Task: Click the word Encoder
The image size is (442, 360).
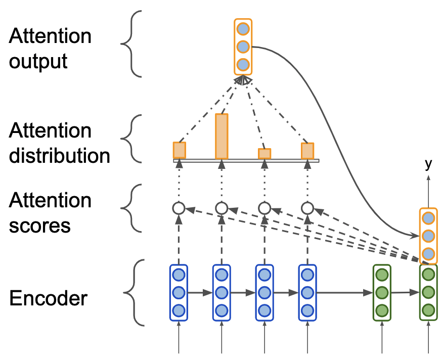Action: pyautogui.click(x=48, y=298)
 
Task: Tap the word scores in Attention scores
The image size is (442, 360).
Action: pyautogui.click(x=39, y=225)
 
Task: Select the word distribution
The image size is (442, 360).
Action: pyautogui.click(x=59, y=155)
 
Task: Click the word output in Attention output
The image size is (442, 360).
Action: pyautogui.click(x=38, y=61)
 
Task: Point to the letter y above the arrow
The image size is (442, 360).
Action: pyautogui.click(x=428, y=163)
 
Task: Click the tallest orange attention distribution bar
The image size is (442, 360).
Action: pyautogui.click(x=222, y=136)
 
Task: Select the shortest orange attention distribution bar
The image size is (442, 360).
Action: pyautogui.click(x=264, y=154)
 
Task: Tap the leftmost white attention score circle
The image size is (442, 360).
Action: pyautogui.click(x=178, y=208)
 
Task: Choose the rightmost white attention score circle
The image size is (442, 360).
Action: pyautogui.click(x=307, y=208)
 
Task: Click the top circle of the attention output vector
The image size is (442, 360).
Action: pyautogui.click(x=243, y=28)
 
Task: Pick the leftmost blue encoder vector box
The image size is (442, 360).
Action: pyautogui.click(x=178, y=292)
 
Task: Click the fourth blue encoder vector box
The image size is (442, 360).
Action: pyautogui.click(x=307, y=292)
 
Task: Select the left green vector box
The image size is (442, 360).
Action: pyautogui.click(x=382, y=292)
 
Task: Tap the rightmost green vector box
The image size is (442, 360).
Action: pyautogui.click(x=428, y=292)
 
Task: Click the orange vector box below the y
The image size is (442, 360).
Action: pyautogui.click(x=428, y=236)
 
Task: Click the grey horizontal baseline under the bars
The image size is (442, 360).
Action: pyautogui.click(x=246, y=161)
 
